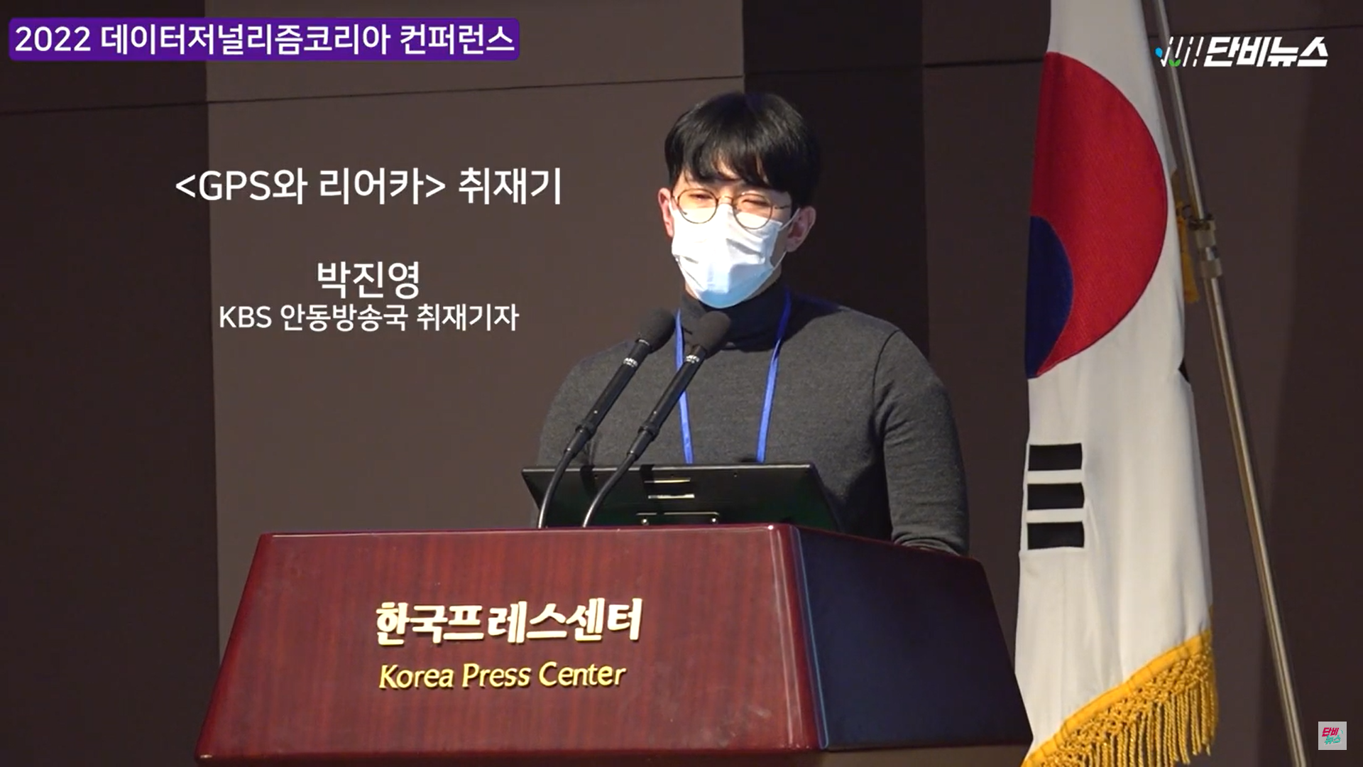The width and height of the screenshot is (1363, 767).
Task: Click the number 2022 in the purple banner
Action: pyautogui.click(x=53, y=39)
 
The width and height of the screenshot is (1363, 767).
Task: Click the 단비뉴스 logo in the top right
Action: pyautogui.click(x=1242, y=52)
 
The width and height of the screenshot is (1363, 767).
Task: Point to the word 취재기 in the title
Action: pyautogui.click(x=510, y=186)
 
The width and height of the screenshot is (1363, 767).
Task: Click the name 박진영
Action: pyautogui.click(x=368, y=279)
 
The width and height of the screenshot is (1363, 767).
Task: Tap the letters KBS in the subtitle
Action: pyautogui.click(x=245, y=317)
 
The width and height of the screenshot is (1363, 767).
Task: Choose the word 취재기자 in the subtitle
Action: pyautogui.click(x=467, y=317)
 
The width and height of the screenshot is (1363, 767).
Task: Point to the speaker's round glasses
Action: pyautogui.click(x=731, y=207)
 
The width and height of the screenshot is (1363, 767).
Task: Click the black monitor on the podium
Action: pyautogui.click(x=681, y=496)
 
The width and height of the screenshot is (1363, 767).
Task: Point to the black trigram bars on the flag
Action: pyautogui.click(x=1056, y=495)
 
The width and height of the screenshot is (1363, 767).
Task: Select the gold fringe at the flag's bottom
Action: pyautogui.click(x=1129, y=710)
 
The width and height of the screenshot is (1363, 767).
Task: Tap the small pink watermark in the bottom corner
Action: pyautogui.click(x=1332, y=736)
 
